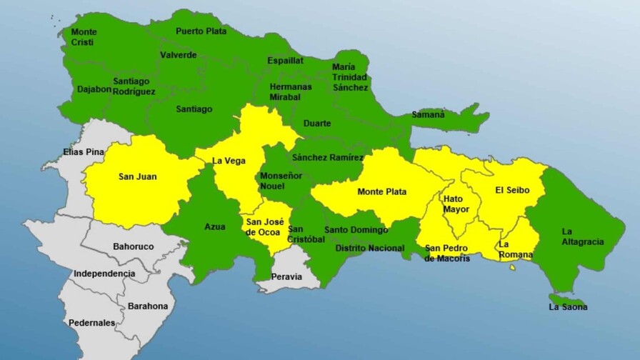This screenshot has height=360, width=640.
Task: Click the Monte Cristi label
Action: click(84, 37)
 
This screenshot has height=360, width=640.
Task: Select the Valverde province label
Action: click(178, 55)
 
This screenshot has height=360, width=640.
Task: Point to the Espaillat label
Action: click(285, 61)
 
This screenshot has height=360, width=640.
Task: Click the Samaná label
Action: click(428, 114)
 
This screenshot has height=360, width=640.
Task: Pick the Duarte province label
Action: click(317, 124)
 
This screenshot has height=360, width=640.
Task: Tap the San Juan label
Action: click(138, 176)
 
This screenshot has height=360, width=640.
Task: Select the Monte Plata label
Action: click(381, 191)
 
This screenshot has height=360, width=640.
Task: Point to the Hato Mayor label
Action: click(456, 204)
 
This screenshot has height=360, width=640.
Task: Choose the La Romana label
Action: click(514, 249)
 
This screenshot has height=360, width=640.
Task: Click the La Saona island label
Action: click(568, 307)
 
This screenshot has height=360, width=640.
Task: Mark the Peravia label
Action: click(286, 276)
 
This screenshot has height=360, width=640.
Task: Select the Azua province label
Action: click(214, 227)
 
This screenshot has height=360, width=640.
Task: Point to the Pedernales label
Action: click(91, 323)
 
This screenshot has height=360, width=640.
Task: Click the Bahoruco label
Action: click(134, 246)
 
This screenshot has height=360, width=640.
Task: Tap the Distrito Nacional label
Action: click(370, 249)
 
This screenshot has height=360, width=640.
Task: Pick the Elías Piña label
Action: click(84, 151)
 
